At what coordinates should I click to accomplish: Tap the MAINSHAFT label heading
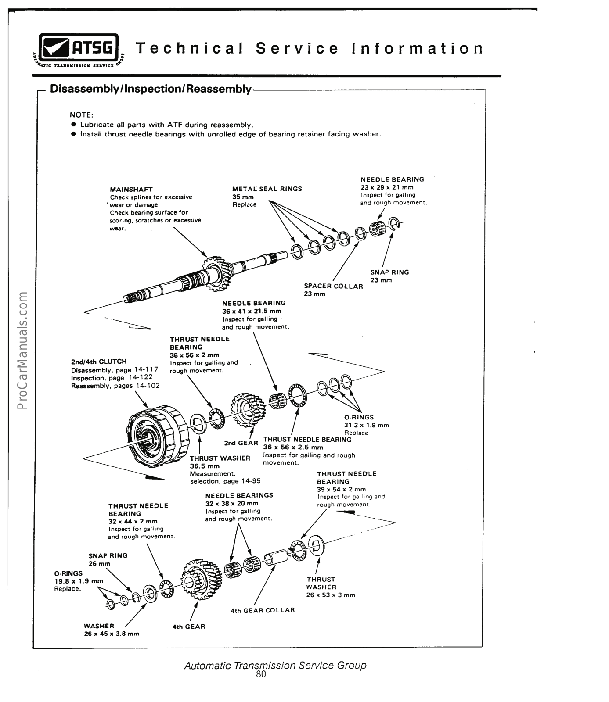(131, 189)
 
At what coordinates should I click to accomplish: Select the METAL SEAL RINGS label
(267, 189)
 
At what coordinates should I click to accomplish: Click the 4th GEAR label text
(189, 627)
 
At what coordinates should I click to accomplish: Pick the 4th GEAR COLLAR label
(263, 610)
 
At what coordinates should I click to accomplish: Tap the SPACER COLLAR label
(333, 286)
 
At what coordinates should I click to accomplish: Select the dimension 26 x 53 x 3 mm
(331, 595)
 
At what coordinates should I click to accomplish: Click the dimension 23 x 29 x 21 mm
(387, 187)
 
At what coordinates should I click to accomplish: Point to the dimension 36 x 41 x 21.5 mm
(252, 311)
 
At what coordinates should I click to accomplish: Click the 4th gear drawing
(200, 574)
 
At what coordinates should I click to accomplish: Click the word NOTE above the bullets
(81, 115)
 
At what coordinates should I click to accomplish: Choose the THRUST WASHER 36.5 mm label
(220, 458)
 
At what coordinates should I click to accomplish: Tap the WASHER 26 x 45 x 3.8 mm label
(99, 626)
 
